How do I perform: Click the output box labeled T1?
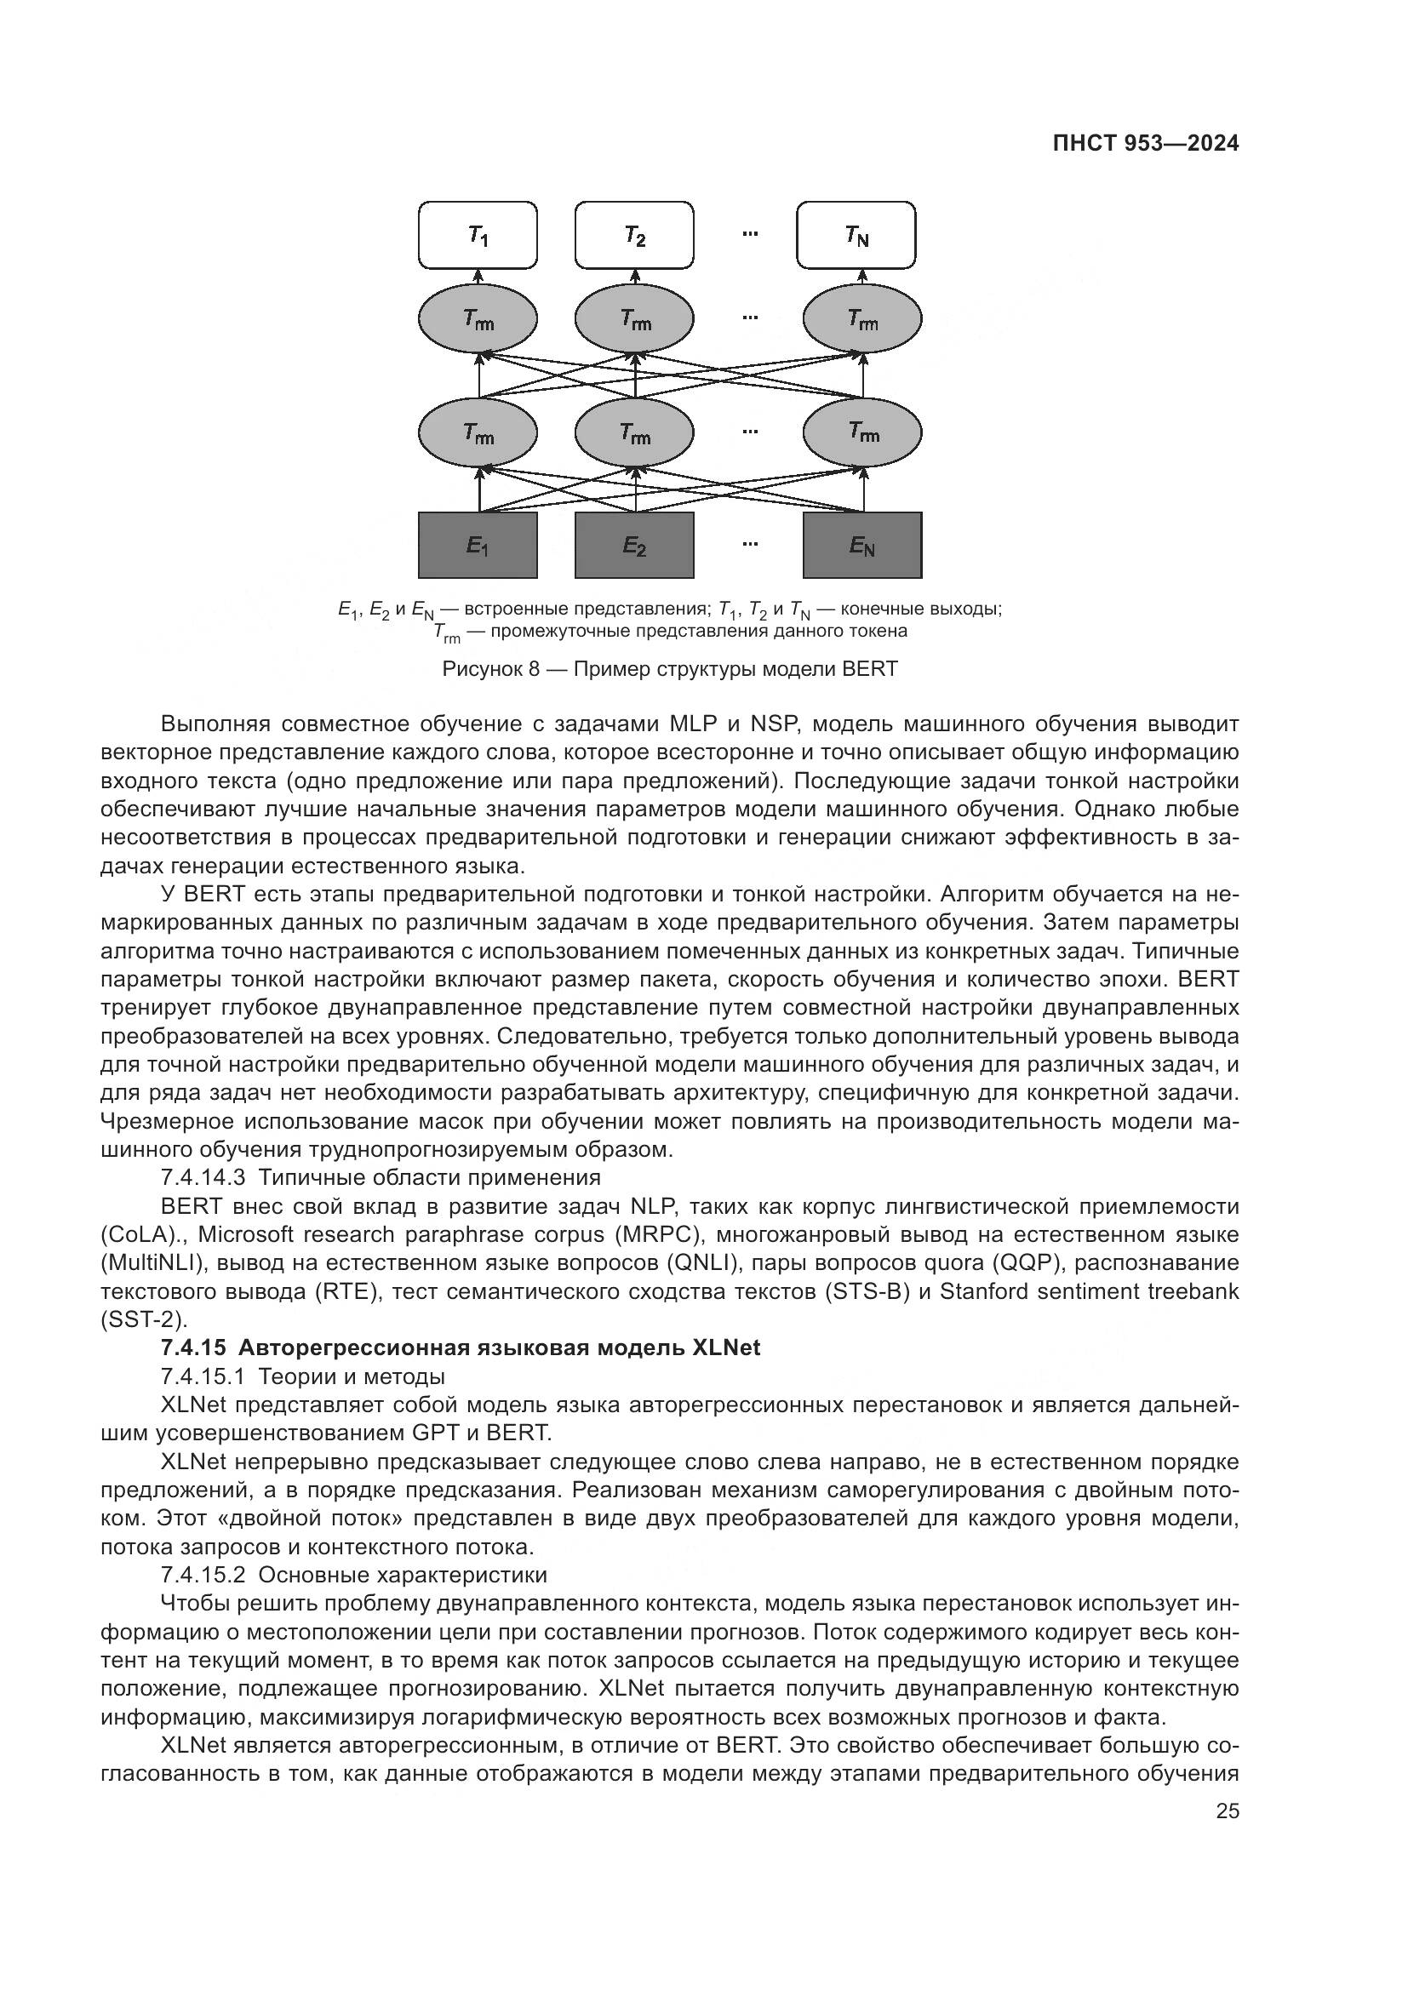point(478,235)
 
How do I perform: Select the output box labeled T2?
point(635,235)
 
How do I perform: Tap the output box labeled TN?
point(856,235)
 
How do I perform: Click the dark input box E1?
point(478,546)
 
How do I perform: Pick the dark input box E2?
point(635,546)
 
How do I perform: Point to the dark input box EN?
point(861,546)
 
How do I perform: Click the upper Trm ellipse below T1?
point(478,320)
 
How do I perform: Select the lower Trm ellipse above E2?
point(635,432)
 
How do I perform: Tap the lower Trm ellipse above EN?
point(861,432)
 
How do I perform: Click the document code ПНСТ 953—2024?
point(1145,144)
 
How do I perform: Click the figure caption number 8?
point(534,669)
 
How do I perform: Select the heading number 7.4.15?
point(194,1347)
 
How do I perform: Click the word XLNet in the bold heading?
point(725,1347)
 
